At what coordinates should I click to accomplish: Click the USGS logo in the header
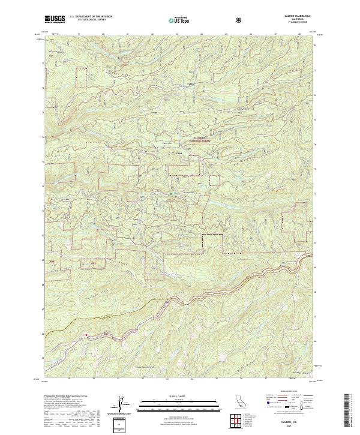pyautogui.click(x=55, y=20)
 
